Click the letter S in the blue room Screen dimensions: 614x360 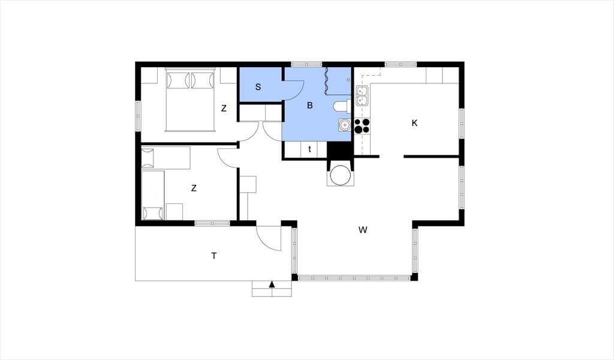pos(258,87)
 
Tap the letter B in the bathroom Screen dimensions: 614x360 pos(310,106)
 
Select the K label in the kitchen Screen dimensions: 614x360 pos(414,123)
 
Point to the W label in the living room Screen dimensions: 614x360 pos(363,230)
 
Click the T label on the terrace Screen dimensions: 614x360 pos(214,256)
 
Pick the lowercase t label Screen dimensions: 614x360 pos(310,149)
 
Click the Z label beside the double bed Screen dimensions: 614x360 pos(224,109)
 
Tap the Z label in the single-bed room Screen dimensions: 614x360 pos(194,188)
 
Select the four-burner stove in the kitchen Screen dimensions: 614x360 pos(362,125)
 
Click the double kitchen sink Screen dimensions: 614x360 pos(362,96)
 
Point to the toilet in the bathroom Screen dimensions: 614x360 pos(341,106)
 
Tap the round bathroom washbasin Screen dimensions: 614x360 pos(345,125)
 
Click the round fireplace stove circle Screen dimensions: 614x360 pos(339,175)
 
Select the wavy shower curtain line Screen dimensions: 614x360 pos(326,80)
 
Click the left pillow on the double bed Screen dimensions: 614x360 pos(175,80)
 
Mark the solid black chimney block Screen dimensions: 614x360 pos(340,150)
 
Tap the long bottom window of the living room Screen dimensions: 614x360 pos(354,278)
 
